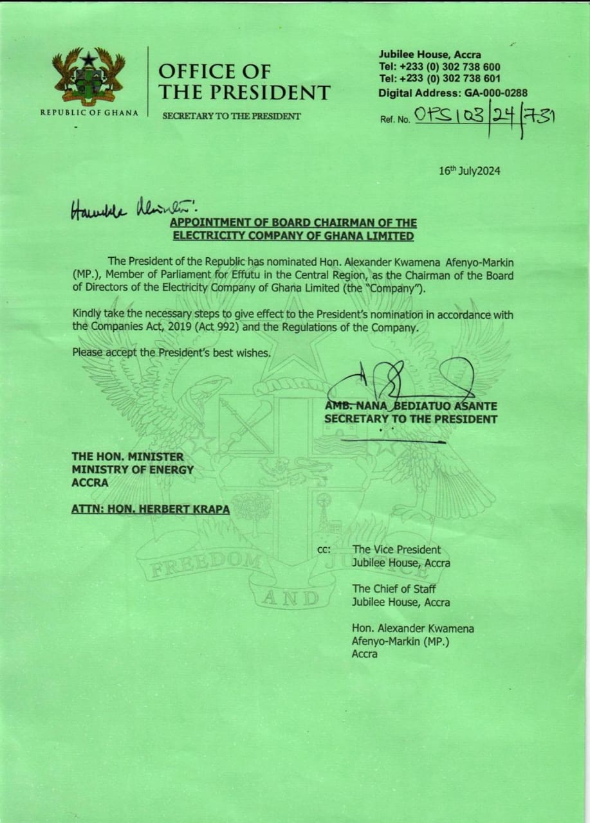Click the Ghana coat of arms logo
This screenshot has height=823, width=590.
89,76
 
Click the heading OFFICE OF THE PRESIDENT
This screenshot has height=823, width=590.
244,82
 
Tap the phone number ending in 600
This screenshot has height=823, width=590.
439,67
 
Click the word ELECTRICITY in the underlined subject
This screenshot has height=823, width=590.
204,236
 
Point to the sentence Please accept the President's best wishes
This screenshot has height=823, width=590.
171,352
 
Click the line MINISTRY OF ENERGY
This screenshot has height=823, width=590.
133,469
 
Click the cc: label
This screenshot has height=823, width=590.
324,550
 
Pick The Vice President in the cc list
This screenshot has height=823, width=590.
396,550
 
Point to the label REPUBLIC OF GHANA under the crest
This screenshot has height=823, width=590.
89,113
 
